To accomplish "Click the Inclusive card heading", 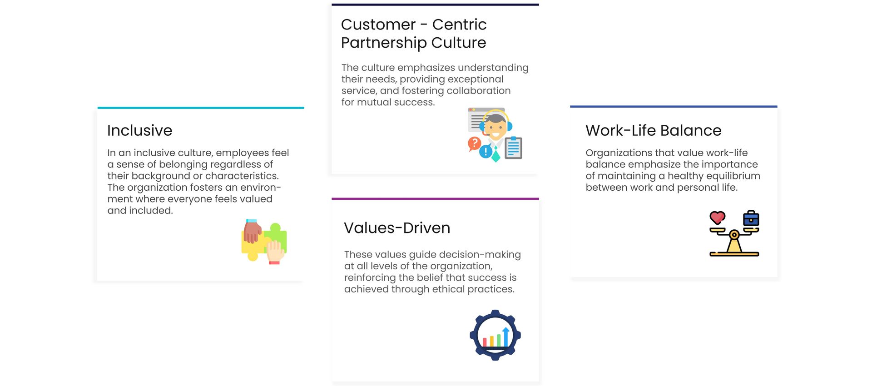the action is [x=139, y=131].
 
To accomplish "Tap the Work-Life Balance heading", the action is [x=654, y=131].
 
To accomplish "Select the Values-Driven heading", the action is [x=397, y=228].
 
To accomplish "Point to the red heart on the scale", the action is [x=718, y=218].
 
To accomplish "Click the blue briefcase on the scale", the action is [x=751, y=218].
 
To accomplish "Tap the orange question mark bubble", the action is [x=474, y=144].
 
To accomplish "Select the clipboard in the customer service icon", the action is [x=514, y=148].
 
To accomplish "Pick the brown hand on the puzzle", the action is [x=252, y=231].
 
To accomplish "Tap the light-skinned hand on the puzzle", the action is [x=275, y=252].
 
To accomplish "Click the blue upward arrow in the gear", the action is [x=506, y=337].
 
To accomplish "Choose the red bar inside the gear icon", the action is [x=485, y=342].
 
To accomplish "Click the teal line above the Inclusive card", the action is [x=201, y=108].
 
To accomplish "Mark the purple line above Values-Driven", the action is [x=435, y=199].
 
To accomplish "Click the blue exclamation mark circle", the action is [x=486, y=151].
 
